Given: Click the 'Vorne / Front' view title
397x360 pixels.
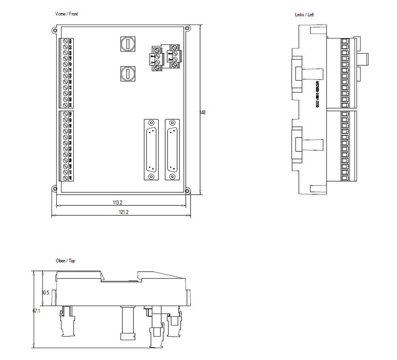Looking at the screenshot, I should tap(67, 14).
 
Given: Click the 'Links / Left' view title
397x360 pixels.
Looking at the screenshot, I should tap(304, 15).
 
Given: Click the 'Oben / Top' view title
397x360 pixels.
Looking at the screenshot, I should tap(66, 261).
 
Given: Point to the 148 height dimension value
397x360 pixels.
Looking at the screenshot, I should tap(202, 112).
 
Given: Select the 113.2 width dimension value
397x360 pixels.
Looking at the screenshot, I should tap(118, 203).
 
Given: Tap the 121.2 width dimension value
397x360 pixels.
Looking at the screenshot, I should tap(123, 212).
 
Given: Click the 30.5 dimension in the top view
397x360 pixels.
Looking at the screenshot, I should tap(45, 292).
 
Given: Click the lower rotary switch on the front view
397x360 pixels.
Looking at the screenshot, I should tap(128, 73).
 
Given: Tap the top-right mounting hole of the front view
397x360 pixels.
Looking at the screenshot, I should tap(188, 28).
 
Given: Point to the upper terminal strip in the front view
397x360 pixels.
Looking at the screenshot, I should tap(66, 73).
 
